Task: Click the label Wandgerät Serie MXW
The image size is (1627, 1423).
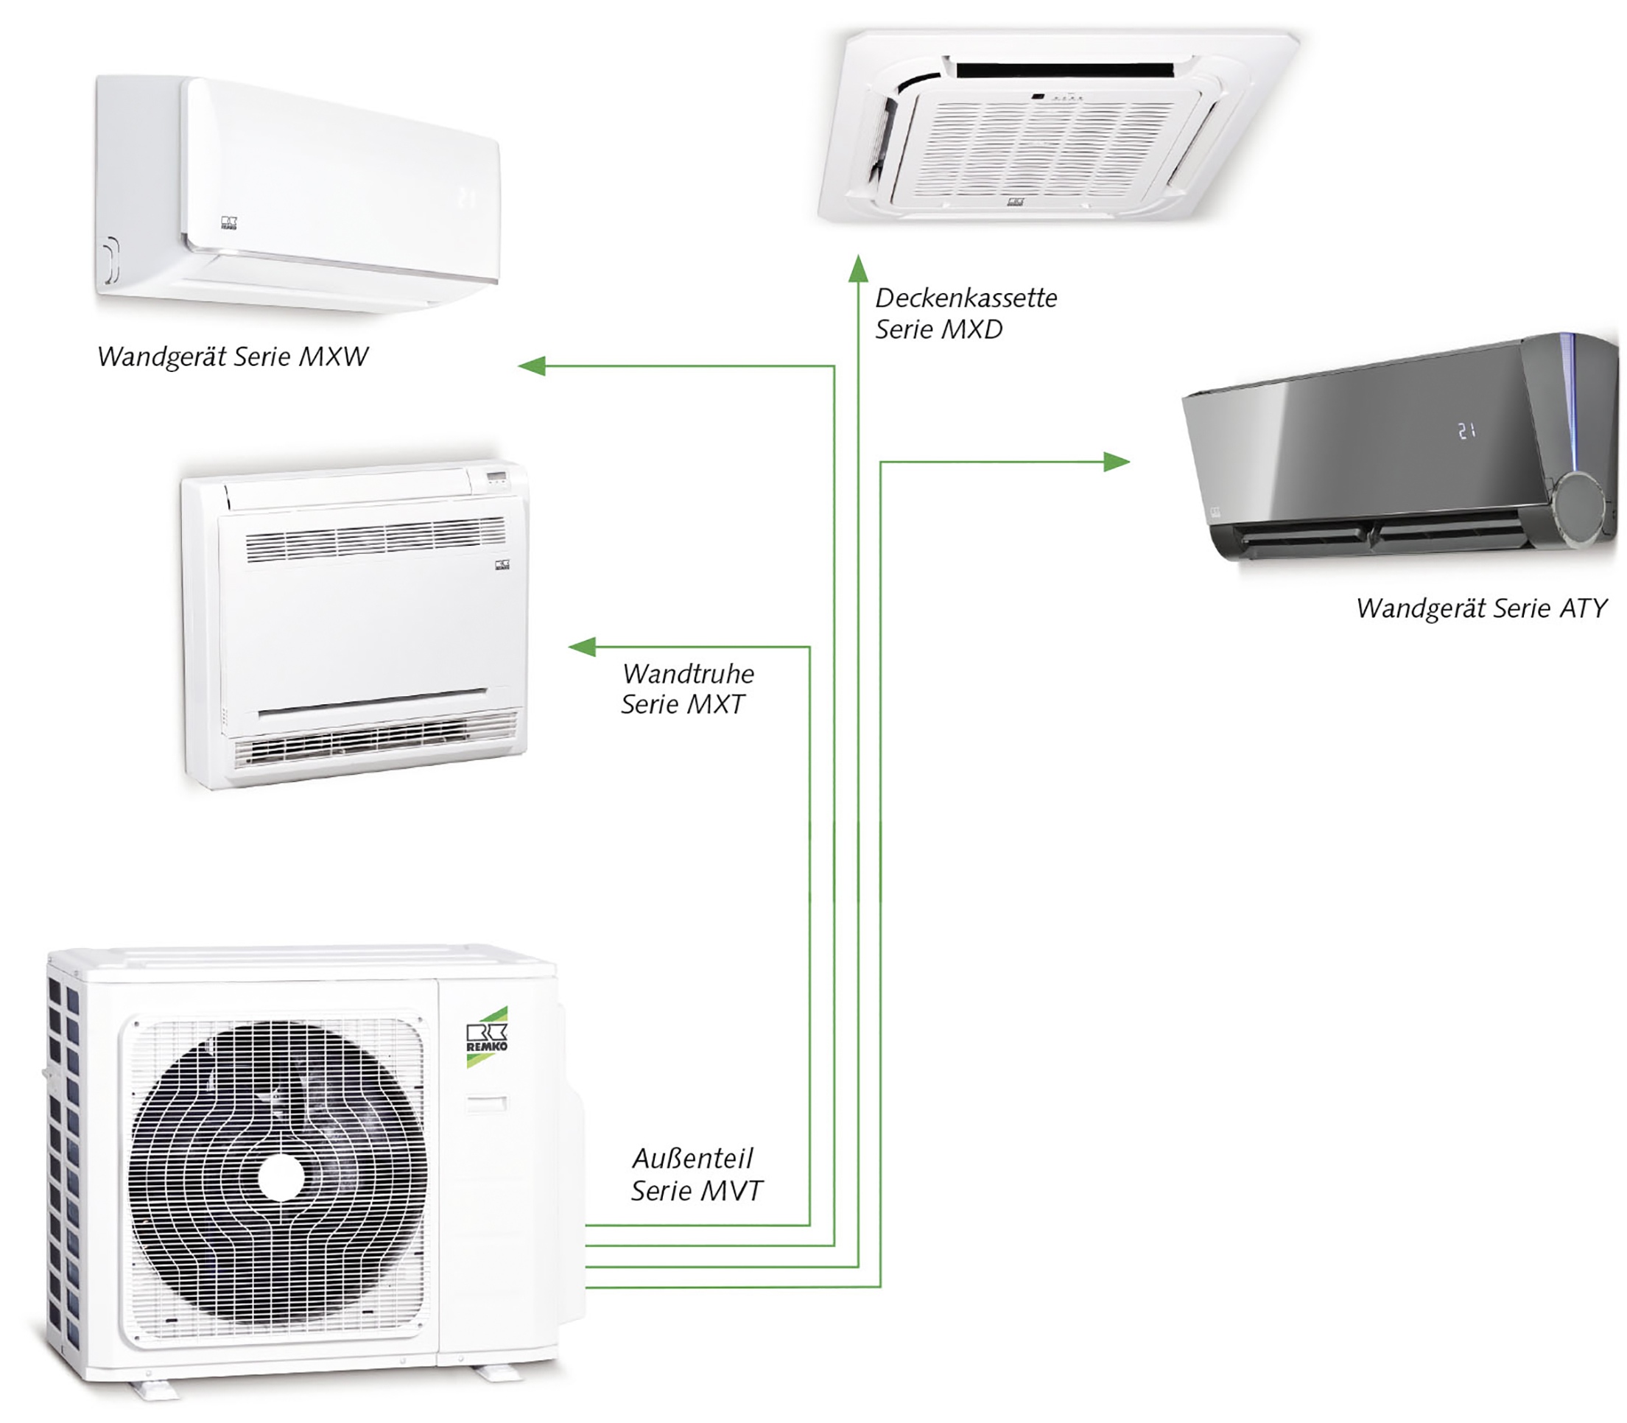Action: pos(233,356)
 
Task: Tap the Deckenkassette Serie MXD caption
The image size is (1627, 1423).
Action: pos(966,314)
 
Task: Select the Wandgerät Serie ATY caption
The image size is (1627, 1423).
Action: pos(1482,608)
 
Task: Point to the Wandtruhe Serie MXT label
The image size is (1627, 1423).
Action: pos(687,689)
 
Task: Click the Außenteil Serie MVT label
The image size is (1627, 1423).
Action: pos(695,1175)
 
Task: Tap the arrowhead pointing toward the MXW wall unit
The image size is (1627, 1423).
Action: pos(531,365)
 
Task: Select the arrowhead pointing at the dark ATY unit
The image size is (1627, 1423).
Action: pos(1117,461)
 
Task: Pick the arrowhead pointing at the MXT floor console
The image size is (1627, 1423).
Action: pos(582,647)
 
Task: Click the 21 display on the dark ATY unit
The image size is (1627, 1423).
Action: pos(1466,431)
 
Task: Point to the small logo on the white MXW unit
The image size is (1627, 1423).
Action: pos(228,222)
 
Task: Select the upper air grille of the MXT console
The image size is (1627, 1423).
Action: pos(375,538)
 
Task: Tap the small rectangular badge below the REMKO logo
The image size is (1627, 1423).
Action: pos(486,1104)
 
